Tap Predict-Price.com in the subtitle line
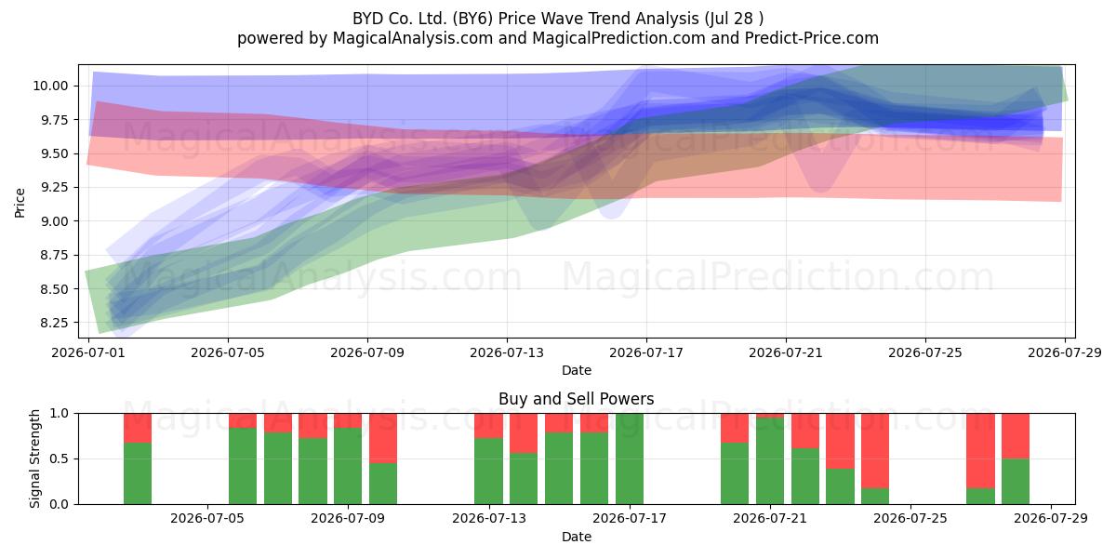coord(812,38)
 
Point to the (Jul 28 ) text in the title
coord(734,19)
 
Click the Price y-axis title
coord(20,203)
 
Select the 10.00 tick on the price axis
coord(50,86)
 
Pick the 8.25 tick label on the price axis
coord(54,323)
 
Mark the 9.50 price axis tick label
coord(54,153)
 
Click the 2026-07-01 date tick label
coord(88,352)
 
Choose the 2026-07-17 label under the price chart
coord(646,352)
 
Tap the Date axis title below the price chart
coord(577,370)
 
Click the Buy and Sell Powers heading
coord(577,399)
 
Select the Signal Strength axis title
coord(34,458)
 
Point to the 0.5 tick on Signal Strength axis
coord(60,458)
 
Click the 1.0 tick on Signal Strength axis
coord(60,413)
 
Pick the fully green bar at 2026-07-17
coord(630,458)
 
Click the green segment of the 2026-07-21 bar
coord(770,461)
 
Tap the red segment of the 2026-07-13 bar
coord(489,426)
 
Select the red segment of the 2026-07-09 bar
coord(348,420)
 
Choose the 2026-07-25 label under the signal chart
coord(910,518)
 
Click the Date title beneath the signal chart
coord(577,537)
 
